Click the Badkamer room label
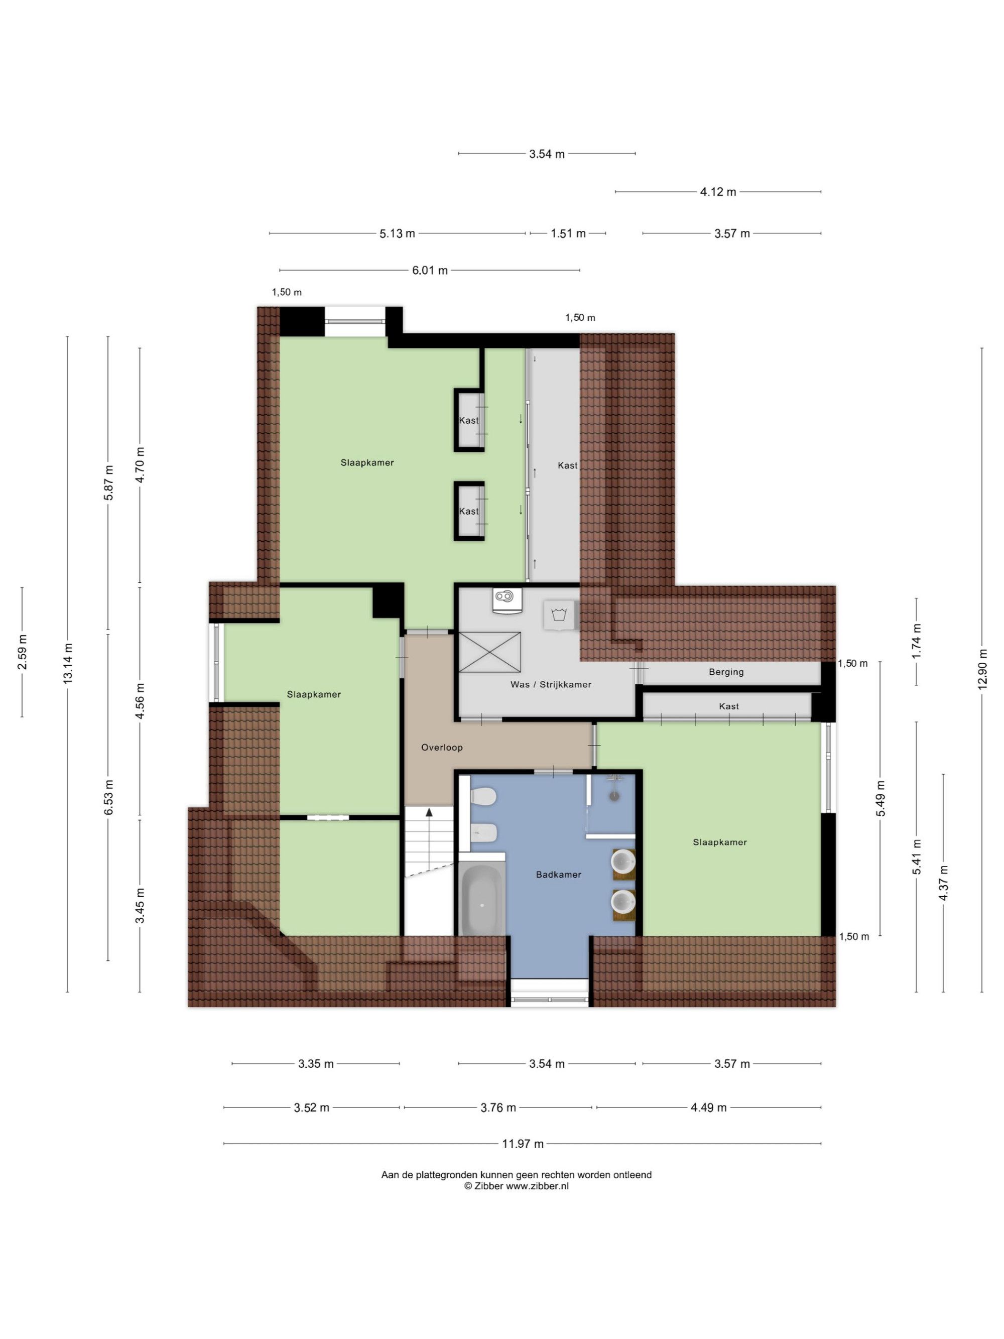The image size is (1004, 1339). click(558, 874)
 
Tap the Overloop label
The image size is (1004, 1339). click(442, 747)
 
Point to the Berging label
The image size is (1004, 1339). click(726, 671)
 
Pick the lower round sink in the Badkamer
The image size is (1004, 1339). click(623, 901)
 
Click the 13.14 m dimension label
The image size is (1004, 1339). click(67, 663)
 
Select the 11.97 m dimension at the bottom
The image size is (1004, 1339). click(523, 1144)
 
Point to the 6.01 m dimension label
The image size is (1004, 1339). click(430, 270)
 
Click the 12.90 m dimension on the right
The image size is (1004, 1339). click(981, 668)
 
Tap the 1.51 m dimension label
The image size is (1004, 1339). click(568, 233)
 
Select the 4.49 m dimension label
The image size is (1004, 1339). click(709, 1107)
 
